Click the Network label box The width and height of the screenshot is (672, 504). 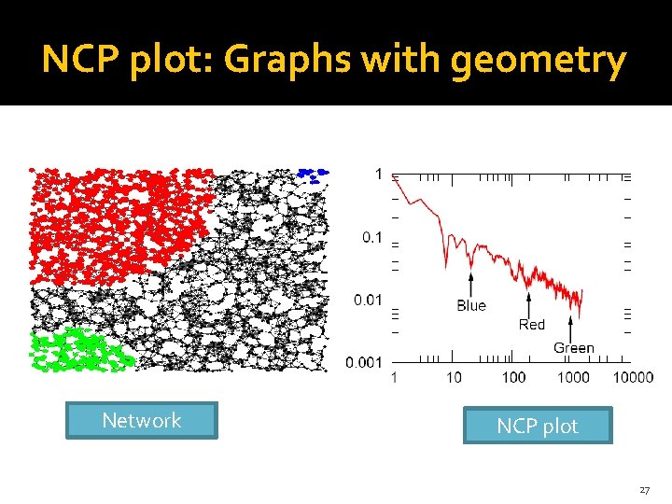(141, 420)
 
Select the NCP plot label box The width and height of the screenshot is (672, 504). (538, 426)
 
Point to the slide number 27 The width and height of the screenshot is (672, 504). (645, 489)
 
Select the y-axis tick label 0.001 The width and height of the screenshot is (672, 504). (365, 362)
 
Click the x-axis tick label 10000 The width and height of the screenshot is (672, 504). (633, 377)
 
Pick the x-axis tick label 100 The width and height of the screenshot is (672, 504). (513, 377)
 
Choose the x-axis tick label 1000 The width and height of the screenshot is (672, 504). (573, 377)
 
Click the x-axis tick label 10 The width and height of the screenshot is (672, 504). (454, 377)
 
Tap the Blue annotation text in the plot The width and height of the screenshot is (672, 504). (471, 305)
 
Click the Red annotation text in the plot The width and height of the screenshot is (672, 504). (531, 325)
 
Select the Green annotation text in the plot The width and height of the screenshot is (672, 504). (573, 348)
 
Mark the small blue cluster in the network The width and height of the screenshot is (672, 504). (313, 173)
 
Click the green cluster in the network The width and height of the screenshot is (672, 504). (78, 351)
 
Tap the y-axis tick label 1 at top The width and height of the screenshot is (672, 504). (378, 174)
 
